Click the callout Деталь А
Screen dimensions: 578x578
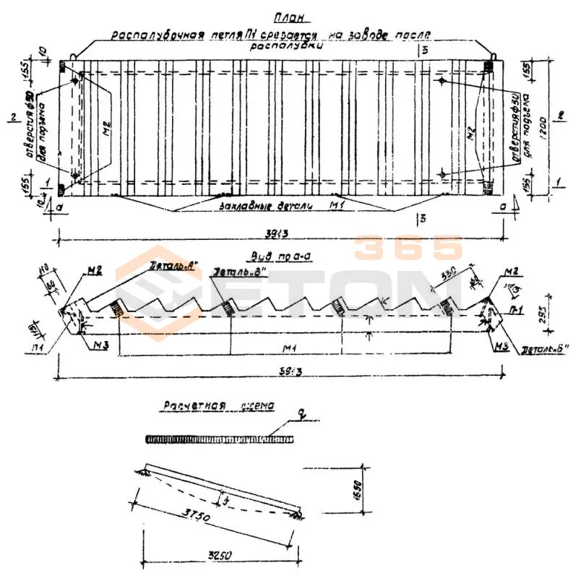pos(172,264)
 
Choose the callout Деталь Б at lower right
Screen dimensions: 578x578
pos(545,349)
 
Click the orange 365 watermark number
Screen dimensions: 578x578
pos(408,248)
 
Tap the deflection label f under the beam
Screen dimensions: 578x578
pos(228,499)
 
